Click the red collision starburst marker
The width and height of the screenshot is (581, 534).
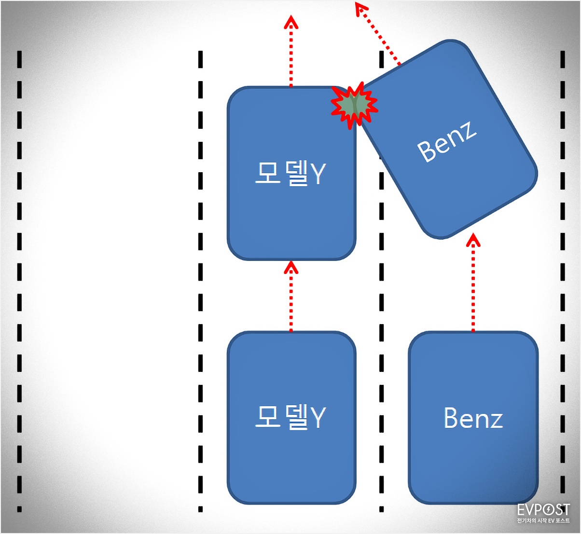coord(355,105)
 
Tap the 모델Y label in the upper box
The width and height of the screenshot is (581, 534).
coord(290,173)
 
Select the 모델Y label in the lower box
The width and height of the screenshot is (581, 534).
coord(290,417)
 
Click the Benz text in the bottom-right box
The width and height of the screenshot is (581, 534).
coord(473,418)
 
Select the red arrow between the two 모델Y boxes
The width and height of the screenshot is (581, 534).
coord(291,296)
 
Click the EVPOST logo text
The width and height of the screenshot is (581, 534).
coord(543,510)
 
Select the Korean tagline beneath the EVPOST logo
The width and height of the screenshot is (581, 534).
coord(543,521)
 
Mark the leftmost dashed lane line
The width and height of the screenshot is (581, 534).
coord(19,280)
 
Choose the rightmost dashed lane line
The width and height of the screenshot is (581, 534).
coord(563,280)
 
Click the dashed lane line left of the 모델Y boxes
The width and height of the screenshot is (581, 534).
coord(200,280)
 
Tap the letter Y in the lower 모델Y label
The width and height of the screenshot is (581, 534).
coord(318,418)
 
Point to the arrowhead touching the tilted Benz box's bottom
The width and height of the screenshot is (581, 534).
coord(473,239)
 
